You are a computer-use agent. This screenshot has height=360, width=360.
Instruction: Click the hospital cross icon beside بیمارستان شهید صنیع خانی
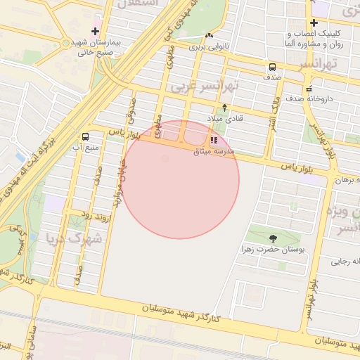pos(95,31)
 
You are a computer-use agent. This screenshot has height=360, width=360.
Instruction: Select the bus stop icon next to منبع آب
pos(86,136)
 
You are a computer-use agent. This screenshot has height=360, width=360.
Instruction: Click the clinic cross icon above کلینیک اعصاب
pos(314,22)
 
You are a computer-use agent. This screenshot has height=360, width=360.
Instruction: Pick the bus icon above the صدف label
pos(271,67)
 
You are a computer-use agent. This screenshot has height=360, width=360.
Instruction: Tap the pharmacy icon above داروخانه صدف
pos(309,89)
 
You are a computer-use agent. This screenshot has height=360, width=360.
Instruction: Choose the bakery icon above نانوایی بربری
pos(209,35)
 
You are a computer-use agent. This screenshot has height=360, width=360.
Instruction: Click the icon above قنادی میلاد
pos(224,108)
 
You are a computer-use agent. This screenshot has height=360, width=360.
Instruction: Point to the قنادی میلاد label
pos(224,118)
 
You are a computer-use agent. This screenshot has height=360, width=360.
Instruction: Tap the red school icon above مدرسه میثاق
pos(214,140)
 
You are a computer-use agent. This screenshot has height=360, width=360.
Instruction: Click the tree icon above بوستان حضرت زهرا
pos(272,238)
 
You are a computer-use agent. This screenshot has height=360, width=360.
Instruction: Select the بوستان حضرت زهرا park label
pos(272,250)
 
